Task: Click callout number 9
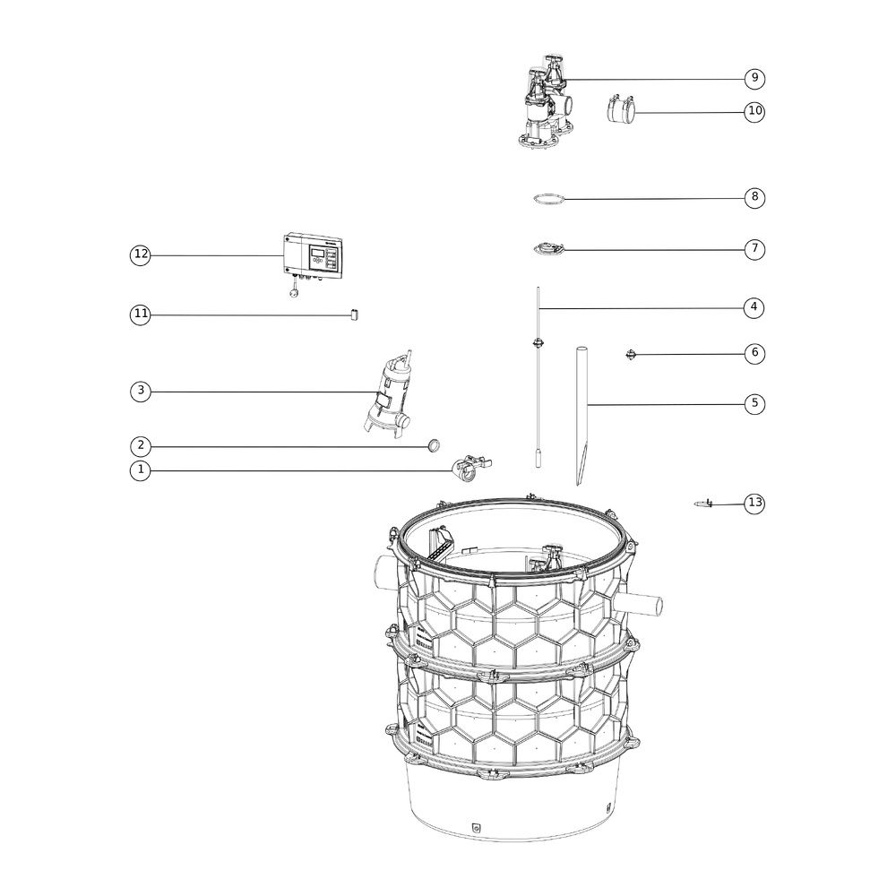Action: point(754,78)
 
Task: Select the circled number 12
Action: point(140,254)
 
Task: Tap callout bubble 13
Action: point(754,503)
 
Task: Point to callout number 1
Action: point(140,470)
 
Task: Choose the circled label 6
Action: point(754,353)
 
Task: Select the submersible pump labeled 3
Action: point(388,394)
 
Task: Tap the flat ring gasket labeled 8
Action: point(548,198)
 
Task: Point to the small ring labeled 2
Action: point(434,445)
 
